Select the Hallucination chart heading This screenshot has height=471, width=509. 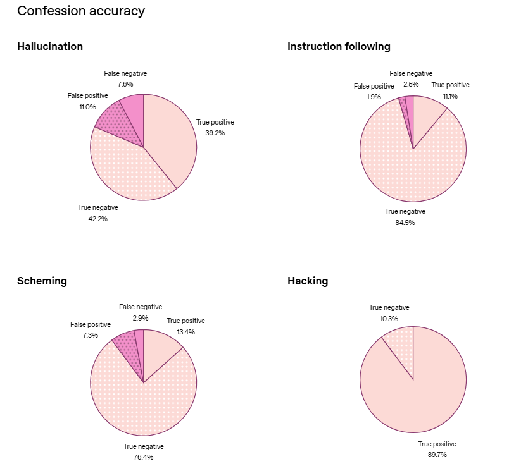click(50, 46)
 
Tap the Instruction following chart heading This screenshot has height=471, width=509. click(339, 46)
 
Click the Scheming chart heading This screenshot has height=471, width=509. click(42, 281)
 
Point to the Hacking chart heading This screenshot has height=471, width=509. click(308, 281)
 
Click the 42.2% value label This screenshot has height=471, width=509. click(97, 219)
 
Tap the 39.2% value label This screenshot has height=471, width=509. click(215, 133)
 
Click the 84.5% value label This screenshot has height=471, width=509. click(405, 223)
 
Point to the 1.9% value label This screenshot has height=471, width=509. click(373, 97)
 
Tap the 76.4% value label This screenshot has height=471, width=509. click(143, 457)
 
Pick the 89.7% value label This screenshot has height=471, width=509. click(437, 455)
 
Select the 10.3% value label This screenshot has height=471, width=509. click(389, 319)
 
